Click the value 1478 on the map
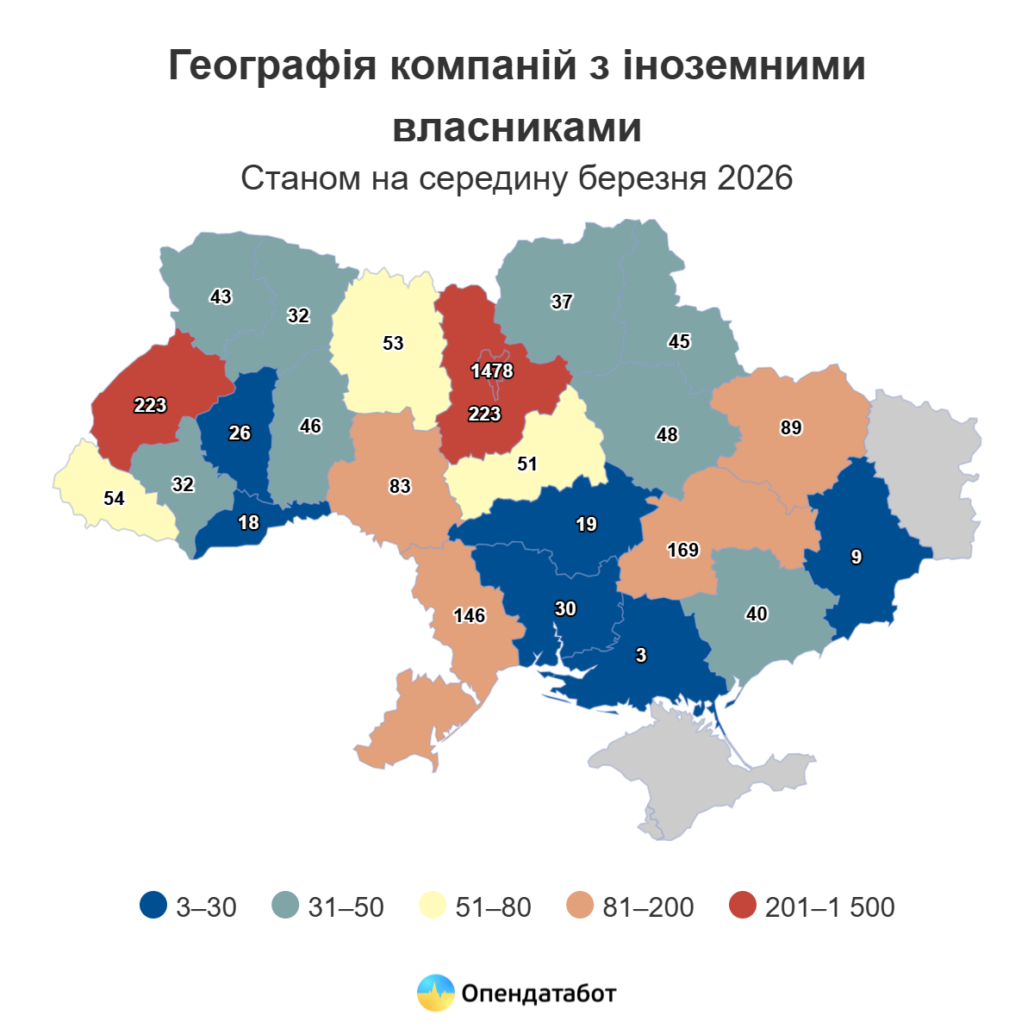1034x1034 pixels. click(492, 371)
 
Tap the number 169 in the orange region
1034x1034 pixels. click(683, 550)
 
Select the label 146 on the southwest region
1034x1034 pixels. click(470, 616)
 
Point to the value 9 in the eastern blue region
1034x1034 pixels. click(856, 557)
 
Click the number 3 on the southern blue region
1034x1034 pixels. click(640, 656)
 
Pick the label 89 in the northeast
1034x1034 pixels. click(791, 428)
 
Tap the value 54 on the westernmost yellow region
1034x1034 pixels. click(114, 499)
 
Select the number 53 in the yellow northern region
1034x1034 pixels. click(393, 344)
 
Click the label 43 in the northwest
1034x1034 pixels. click(221, 297)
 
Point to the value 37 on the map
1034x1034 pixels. click(562, 302)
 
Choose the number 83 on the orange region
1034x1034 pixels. click(400, 487)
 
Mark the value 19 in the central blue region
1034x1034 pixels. click(586, 525)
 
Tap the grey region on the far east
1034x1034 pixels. click(926, 465)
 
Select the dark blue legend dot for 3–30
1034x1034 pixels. click(153, 906)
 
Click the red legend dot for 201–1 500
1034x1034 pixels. click(741, 906)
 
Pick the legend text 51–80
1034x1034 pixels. click(493, 907)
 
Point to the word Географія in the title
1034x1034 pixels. click(272, 66)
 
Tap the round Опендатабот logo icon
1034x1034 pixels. click(435, 994)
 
